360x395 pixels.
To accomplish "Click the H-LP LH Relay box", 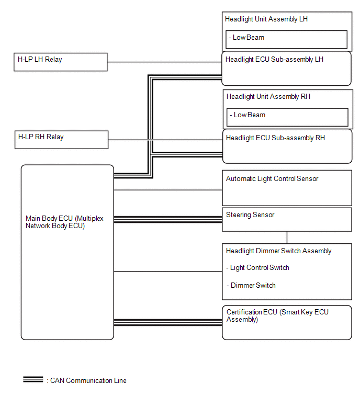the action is coord(61,62).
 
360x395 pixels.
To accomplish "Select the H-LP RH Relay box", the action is coord(61,140).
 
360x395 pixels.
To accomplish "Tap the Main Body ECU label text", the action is coord(64,222).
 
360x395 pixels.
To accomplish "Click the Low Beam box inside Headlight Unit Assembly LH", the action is coord(286,40).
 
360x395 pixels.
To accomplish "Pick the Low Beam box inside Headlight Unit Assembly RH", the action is coord(287,117).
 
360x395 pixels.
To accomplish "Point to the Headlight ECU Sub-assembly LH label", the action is coord(274,60).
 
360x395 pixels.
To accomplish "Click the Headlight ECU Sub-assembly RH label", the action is coord(275,138).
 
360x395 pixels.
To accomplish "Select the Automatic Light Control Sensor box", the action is coord(287,188).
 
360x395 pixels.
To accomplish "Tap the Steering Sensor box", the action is coord(287,219).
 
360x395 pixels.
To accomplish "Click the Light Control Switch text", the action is coord(258,267).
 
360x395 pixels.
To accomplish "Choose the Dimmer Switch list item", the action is coord(251,286).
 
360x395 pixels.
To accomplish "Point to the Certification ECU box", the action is coord(287,323).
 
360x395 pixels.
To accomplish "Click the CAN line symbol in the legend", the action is coord(33,379).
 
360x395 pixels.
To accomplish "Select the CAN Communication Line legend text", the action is coord(88,380).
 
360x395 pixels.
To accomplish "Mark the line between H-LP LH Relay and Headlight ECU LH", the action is coord(164,62).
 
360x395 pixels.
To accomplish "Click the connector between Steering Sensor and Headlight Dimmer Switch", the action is coord(287,238).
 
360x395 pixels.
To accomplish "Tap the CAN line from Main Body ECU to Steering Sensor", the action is coord(168,219).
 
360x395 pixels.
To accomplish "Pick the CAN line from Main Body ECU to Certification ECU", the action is coord(168,322).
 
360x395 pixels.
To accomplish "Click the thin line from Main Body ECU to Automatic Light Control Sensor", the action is coord(168,190).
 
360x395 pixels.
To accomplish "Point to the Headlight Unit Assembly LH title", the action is coord(266,19).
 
